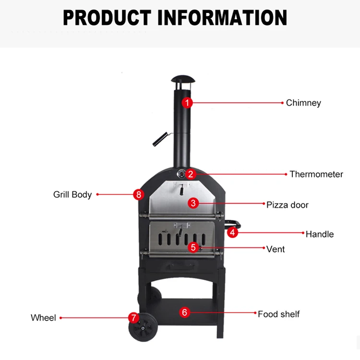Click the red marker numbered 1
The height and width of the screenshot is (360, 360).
(x=188, y=102)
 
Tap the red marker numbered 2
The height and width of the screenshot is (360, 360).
(x=191, y=174)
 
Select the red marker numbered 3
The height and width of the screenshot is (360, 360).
(x=193, y=203)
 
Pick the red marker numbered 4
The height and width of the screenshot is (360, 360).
(x=232, y=233)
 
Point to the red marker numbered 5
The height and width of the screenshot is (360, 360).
(x=193, y=248)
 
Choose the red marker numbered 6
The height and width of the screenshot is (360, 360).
(x=184, y=312)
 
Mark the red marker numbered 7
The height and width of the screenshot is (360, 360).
(x=133, y=317)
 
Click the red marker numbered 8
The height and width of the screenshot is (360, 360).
(x=139, y=194)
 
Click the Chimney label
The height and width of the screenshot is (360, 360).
(x=303, y=103)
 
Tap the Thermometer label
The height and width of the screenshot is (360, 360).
(x=316, y=174)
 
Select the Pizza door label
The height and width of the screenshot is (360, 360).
(x=288, y=205)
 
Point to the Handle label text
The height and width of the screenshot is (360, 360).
(x=320, y=234)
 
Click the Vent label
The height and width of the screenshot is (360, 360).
(x=276, y=249)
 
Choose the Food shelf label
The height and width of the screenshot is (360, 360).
(x=278, y=314)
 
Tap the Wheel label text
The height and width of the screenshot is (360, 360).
(x=43, y=318)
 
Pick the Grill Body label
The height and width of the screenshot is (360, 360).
(x=72, y=195)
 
